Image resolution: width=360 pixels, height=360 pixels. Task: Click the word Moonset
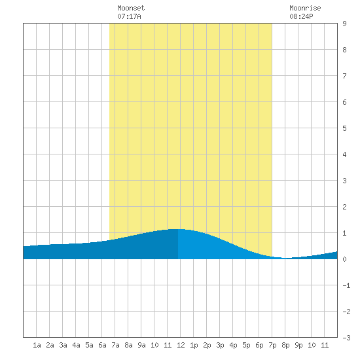pyautogui.click(x=131, y=8)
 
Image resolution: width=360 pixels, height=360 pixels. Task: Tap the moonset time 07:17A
pyautogui.click(x=129, y=16)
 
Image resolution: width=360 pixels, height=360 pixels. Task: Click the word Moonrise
pyautogui.click(x=305, y=8)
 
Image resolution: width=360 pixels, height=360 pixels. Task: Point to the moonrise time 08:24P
pyautogui.click(x=301, y=16)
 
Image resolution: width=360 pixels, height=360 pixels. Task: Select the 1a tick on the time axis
pyautogui.click(x=37, y=345)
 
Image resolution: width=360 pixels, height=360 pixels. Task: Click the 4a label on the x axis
pyautogui.click(x=76, y=345)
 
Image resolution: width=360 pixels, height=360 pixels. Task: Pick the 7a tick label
pyautogui.click(x=115, y=345)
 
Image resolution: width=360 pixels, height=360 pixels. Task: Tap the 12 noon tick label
pyautogui.click(x=181, y=345)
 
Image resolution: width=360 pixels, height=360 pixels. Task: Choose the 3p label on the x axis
pyautogui.click(x=220, y=345)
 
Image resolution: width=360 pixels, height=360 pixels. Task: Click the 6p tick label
pyautogui.click(x=259, y=345)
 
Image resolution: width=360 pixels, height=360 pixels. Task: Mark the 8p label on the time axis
pyautogui.click(x=285, y=345)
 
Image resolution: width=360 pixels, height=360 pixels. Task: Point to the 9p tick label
pyautogui.click(x=298, y=345)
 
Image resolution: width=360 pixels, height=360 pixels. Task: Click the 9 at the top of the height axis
pyautogui.click(x=344, y=24)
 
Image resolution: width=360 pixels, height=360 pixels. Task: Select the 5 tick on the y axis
pyautogui.click(x=344, y=128)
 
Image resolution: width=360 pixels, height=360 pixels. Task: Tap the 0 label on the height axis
pyautogui.click(x=344, y=259)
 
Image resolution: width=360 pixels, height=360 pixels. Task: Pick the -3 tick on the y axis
pyautogui.click(x=346, y=338)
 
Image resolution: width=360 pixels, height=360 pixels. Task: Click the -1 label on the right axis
pyautogui.click(x=346, y=285)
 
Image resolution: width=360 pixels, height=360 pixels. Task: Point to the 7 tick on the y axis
pyautogui.click(x=344, y=76)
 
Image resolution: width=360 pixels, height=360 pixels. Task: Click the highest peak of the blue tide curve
pyautogui.click(x=178, y=229)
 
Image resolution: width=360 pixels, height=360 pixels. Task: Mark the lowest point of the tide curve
pyautogui.click(x=285, y=258)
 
